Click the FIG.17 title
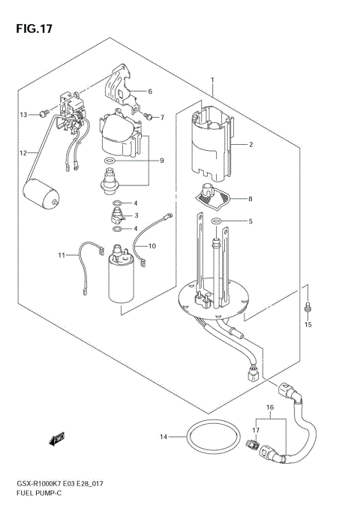(x=30, y=29)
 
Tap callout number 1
(x=212, y=80)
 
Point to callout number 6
(x=149, y=92)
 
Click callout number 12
(x=23, y=153)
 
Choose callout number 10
(x=151, y=245)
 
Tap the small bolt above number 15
(x=307, y=308)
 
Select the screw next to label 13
(x=43, y=114)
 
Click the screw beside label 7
(x=148, y=116)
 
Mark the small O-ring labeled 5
(x=216, y=221)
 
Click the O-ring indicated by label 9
(x=109, y=161)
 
